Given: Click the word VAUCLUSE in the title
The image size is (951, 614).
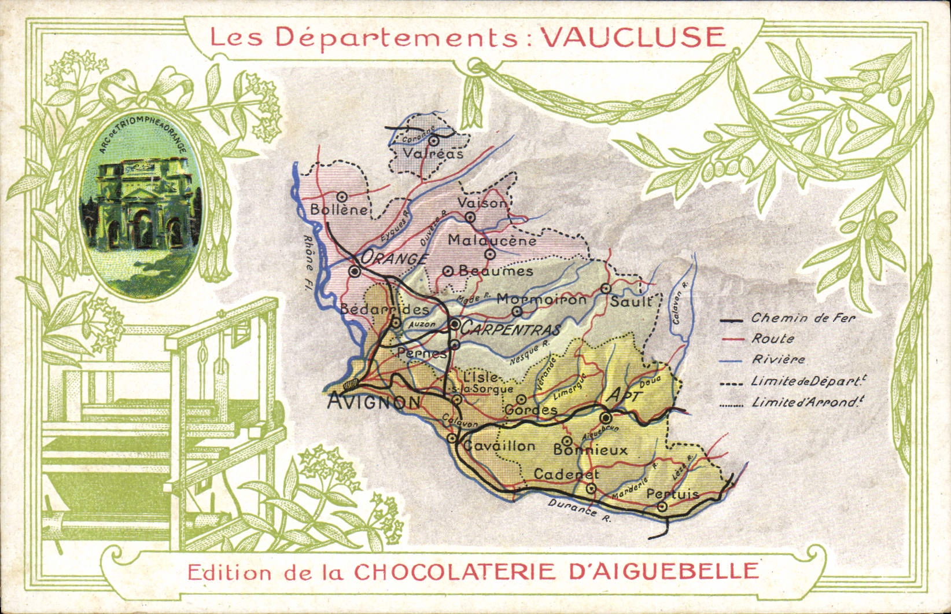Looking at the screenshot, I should (x=632, y=38).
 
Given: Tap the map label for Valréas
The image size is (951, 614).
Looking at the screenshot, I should (x=433, y=154).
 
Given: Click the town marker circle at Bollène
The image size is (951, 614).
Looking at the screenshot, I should (x=342, y=197).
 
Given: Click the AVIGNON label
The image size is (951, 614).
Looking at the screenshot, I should (x=374, y=402).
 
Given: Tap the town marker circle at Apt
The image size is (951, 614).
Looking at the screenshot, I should (x=606, y=418).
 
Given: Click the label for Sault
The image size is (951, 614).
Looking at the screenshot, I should (x=631, y=302).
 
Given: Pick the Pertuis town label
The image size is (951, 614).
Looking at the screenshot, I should (x=673, y=494).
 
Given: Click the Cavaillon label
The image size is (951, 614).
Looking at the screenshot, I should (x=500, y=446).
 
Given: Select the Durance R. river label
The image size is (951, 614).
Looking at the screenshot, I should (x=579, y=510).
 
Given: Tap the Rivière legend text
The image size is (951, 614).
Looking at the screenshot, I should (x=778, y=359).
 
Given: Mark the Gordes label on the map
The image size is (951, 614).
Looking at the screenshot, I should (x=531, y=410).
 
